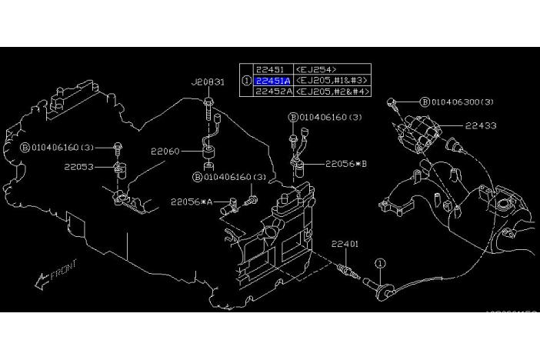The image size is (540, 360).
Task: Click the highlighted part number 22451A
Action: (x=272, y=80)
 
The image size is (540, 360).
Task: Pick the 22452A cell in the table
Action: (x=272, y=91)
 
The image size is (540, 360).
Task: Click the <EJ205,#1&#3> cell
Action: (x=332, y=80)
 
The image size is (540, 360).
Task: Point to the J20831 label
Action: (x=208, y=82)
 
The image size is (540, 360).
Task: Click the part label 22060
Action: (x=165, y=152)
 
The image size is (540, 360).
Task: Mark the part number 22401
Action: (x=345, y=244)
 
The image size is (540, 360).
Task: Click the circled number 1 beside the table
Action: (x=246, y=80)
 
